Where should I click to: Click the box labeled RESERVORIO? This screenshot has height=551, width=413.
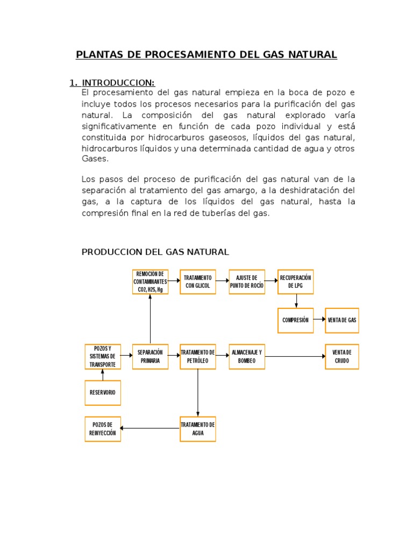(103, 393)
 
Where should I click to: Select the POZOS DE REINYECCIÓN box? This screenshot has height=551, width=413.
(103, 429)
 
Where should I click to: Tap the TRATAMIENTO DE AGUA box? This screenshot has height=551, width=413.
(198, 429)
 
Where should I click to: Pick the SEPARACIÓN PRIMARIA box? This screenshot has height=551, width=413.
(150, 356)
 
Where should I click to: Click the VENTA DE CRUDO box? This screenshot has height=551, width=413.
(341, 356)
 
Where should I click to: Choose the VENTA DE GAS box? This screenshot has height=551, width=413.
(341, 320)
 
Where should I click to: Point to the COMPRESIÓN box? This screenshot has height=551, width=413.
(296, 320)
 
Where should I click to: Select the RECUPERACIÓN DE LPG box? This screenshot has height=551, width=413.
(296, 281)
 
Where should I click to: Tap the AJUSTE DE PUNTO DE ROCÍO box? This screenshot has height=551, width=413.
(247, 281)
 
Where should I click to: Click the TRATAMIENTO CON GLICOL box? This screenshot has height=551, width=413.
(198, 281)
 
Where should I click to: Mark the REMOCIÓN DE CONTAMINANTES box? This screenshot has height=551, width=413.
(150, 281)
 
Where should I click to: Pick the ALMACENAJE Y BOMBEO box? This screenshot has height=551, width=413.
(247, 356)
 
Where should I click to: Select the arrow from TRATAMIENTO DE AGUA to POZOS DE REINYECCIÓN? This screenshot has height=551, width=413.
(150, 428)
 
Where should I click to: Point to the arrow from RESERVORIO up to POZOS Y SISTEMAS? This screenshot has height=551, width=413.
(103, 375)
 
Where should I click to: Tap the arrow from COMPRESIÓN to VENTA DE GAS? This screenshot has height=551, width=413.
(319, 320)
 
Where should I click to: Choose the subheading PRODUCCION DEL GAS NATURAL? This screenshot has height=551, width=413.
(155, 252)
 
